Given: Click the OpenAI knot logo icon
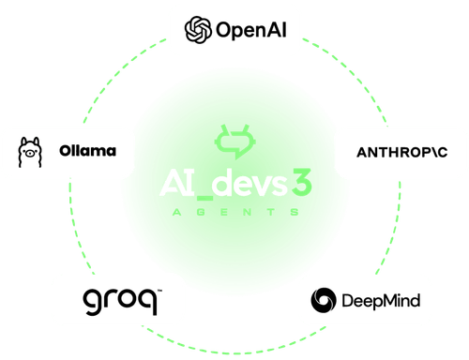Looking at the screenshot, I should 197,30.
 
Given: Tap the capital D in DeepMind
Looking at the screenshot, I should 350,302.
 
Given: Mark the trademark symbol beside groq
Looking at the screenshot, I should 159,292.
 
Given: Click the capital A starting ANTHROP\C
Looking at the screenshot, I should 362,152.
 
